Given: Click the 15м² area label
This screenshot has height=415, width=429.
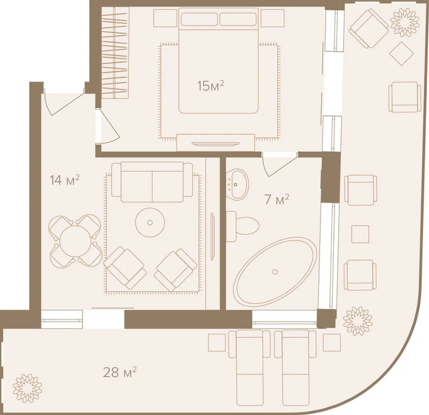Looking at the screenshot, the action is [211, 86].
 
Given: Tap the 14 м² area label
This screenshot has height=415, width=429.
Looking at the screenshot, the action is [64, 180].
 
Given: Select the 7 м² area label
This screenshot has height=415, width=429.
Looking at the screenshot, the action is [276, 199].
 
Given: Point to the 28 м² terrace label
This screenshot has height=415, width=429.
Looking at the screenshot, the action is [120, 372].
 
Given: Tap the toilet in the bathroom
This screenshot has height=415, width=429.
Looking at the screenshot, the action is [243, 226].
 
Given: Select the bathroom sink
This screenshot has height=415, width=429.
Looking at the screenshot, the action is [237, 184].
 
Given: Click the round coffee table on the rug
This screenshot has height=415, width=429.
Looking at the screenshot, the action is [150, 222].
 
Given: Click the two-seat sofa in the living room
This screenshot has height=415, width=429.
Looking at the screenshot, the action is [152, 182].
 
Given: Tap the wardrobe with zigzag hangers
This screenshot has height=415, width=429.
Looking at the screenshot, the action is [115, 52].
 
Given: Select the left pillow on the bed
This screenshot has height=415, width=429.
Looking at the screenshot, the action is [200, 19].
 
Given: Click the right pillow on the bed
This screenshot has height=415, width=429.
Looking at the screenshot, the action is [238, 19].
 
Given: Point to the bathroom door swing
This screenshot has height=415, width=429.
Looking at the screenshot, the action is [279, 165].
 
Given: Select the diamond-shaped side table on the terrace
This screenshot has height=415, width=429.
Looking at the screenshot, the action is [402, 54].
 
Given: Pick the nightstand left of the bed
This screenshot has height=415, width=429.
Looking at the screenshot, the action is [165, 18].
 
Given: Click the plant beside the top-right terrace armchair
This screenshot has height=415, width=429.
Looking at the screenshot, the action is [404, 23].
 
